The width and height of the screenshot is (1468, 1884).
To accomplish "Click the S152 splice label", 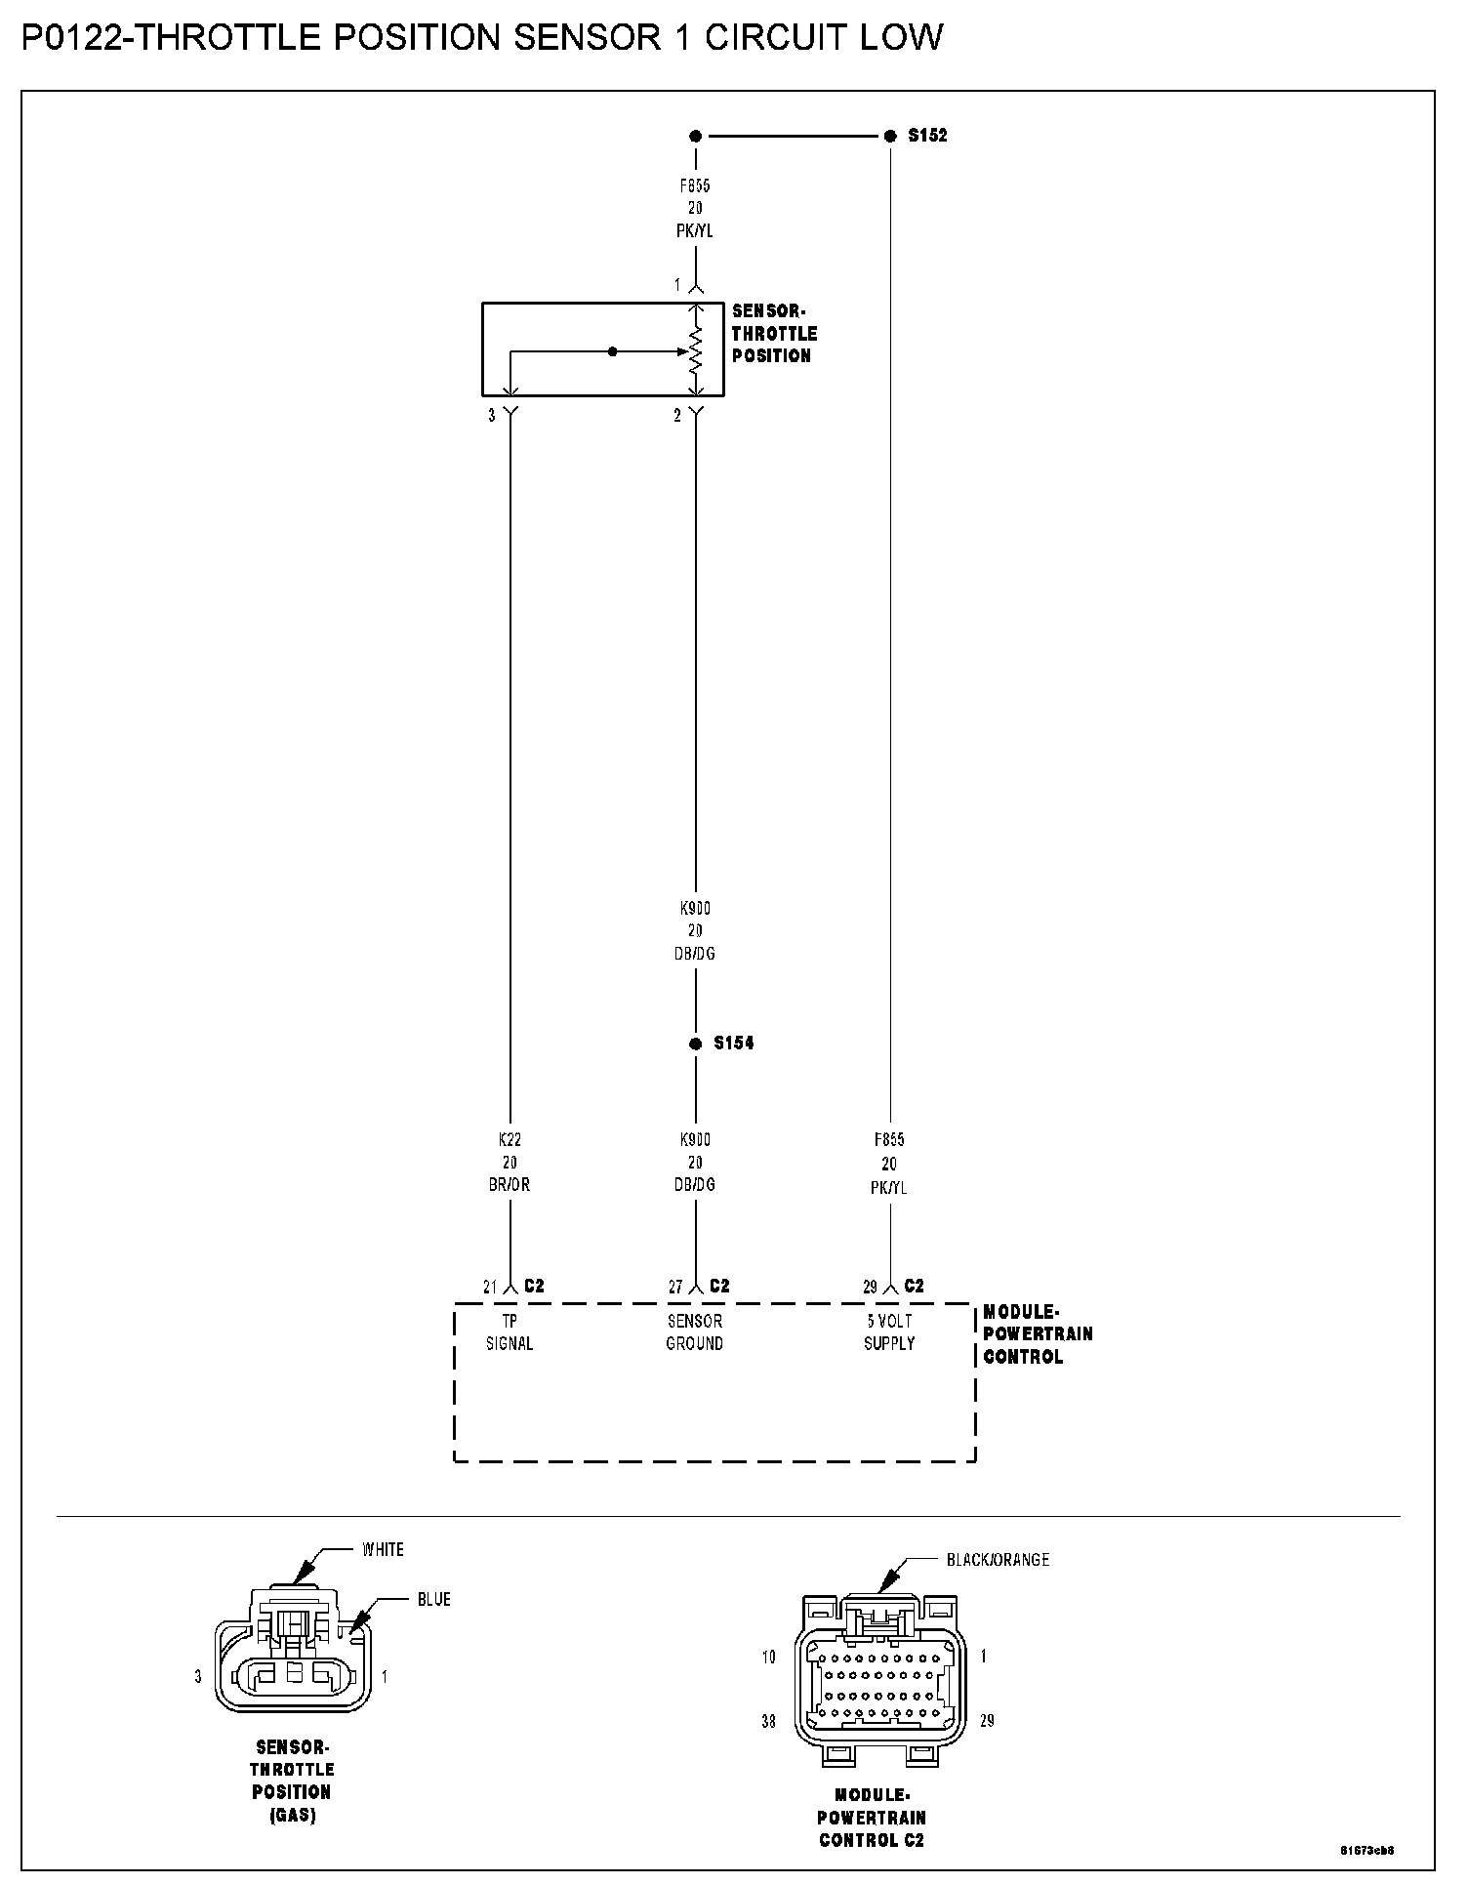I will coord(926,136).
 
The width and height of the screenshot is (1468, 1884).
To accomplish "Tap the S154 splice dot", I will coord(695,1044).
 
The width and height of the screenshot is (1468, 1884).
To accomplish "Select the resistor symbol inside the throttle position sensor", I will coord(695,350).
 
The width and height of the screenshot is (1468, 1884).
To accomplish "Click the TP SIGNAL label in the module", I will coord(510,1332).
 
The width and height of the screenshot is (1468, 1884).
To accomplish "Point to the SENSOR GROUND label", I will coord(694,1332).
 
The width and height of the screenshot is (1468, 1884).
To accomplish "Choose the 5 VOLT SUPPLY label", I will coord(889,1332).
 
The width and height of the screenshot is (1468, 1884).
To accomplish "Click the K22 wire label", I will coord(509,1139).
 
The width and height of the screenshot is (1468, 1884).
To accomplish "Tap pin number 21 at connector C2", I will coord(490,1288).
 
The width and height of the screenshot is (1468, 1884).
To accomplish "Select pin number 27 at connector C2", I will coord(675,1288).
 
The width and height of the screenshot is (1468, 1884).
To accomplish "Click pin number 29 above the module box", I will coord(870,1288).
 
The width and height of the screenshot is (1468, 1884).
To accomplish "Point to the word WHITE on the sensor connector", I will coord(383,1549).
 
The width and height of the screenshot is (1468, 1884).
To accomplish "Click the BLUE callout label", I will coord(433,1599).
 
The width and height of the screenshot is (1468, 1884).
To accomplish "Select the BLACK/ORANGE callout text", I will coord(998,1560).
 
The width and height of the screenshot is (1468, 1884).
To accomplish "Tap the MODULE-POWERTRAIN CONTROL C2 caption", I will coord(871,1818).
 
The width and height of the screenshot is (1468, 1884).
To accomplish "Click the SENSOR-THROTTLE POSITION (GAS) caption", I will coord(292,1782).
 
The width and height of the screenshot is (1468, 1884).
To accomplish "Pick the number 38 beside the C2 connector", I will coord(768,1721).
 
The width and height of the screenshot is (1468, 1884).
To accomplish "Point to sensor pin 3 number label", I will coord(492,416).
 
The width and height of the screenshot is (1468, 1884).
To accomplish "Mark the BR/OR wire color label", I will coord(509,1185).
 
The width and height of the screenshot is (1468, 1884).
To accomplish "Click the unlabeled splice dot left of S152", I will coord(695,136).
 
